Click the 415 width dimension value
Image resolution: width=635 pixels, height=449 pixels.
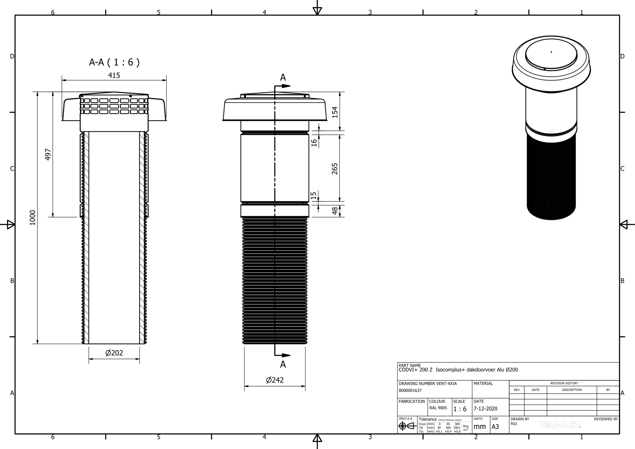coord(114,75)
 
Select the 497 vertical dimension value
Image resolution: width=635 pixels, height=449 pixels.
coord(48,154)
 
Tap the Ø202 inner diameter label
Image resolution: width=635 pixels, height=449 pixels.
coord(114,353)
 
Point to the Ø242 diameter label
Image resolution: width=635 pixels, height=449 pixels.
coord(275,380)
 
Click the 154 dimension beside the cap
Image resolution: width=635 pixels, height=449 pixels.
coord(335,112)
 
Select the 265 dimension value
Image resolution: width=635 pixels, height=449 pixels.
coord(335,169)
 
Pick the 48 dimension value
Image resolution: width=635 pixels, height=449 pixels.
coord(335,211)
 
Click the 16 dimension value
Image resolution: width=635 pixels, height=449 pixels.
coord(314,143)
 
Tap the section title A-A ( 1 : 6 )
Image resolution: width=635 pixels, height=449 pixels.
coord(114,62)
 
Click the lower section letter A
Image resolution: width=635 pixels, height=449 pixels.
coord(283,365)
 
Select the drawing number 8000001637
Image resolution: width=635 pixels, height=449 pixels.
coord(410,391)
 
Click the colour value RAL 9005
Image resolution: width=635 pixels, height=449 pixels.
coord(438,408)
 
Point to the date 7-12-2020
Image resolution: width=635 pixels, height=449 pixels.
coord(485,409)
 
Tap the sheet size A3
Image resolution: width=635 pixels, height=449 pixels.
coord(495,427)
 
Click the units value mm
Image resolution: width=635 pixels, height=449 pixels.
coord(480,427)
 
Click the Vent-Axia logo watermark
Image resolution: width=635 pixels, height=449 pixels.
coord(560,425)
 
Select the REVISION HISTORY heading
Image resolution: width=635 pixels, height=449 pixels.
coord(564,383)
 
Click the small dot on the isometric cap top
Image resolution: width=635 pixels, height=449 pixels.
coord(551,52)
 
